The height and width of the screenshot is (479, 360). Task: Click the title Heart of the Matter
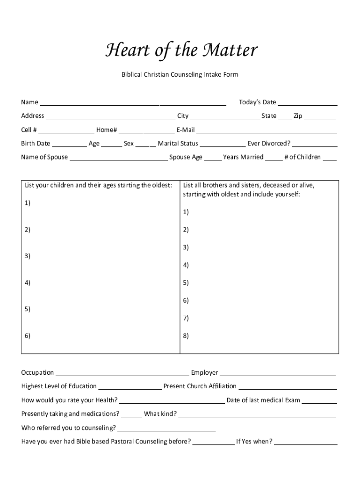[x=181, y=51]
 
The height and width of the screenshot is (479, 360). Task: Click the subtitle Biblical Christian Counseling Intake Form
[x=180, y=74]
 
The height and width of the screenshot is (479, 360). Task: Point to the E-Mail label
[x=186, y=130]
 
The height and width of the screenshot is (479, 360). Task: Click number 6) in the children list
[x=28, y=336]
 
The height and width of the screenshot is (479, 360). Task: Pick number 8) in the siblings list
[x=186, y=336]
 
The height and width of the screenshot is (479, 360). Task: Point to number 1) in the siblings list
[x=186, y=212]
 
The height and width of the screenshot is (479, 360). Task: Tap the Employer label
[x=204, y=373]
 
